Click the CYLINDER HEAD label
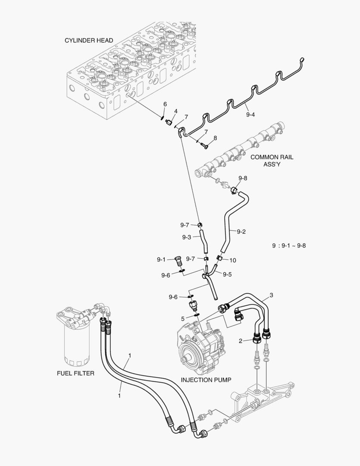pos(89,41)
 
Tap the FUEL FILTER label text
pos(75,373)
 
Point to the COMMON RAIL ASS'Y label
pos(272,161)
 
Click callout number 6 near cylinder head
pos(165,104)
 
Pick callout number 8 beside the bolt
pos(215,138)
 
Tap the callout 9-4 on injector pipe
pos(250,115)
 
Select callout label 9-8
pos(243,178)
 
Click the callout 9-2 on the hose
pos(241,232)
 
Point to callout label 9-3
pos(186,237)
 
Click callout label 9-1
pos(161,259)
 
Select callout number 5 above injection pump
pos(182,318)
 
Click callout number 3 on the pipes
pos(271,295)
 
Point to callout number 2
pos(240,341)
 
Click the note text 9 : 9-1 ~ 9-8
pos(289,246)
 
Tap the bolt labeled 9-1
pos(178,261)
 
